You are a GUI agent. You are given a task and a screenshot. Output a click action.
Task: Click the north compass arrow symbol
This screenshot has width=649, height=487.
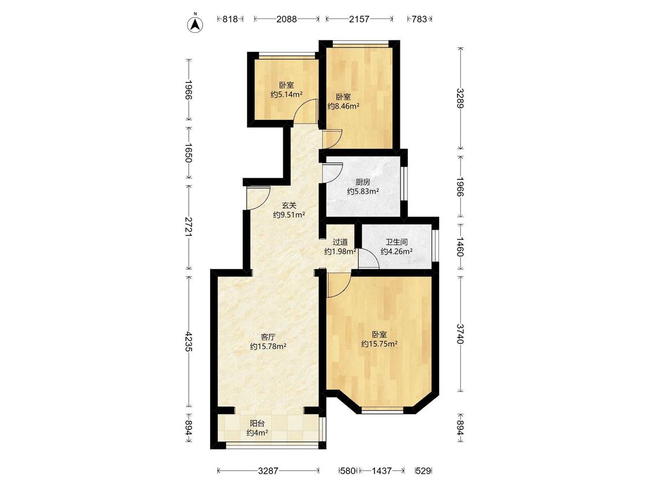pyautogui.click(x=195, y=24)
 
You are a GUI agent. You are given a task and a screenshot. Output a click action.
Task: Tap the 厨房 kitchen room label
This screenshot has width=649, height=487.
pyautogui.click(x=363, y=182)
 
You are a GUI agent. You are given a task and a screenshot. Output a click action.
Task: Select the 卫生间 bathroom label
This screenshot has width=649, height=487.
pyautogui.click(x=396, y=242)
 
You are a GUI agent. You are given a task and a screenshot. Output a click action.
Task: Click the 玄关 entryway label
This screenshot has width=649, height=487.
pyautogui.click(x=289, y=205)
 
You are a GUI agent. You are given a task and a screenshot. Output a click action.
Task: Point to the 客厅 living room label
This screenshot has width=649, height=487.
pyautogui.click(x=268, y=337)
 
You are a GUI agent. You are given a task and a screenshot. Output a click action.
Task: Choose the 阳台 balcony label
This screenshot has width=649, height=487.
pyautogui.click(x=257, y=424)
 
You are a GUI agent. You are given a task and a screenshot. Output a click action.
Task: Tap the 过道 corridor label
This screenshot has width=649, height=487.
pyautogui.click(x=340, y=242)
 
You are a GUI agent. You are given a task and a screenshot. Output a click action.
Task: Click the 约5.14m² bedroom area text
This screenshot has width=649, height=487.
pyautogui.click(x=286, y=95)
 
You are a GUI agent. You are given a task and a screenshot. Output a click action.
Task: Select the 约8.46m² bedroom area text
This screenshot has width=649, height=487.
pyautogui.click(x=343, y=106)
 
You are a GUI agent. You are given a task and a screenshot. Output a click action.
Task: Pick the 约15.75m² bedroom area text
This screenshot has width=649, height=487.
pyautogui.click(x=379, y=344)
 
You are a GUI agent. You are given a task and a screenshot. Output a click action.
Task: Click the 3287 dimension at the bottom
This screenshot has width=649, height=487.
pyautogui.click(x=268, y=470)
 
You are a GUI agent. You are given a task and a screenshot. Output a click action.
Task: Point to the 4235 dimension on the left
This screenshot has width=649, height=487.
pyautogui.click(x=189, y=341)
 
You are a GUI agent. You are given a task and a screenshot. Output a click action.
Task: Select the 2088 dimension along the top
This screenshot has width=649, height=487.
pyautogui.click(x=286, y=19)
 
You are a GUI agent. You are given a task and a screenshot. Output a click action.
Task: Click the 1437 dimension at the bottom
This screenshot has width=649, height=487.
pyautogui.click(x=382, y=470)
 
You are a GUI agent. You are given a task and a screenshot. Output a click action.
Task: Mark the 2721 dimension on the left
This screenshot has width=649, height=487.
pyautogui.click(x=189, y=227)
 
